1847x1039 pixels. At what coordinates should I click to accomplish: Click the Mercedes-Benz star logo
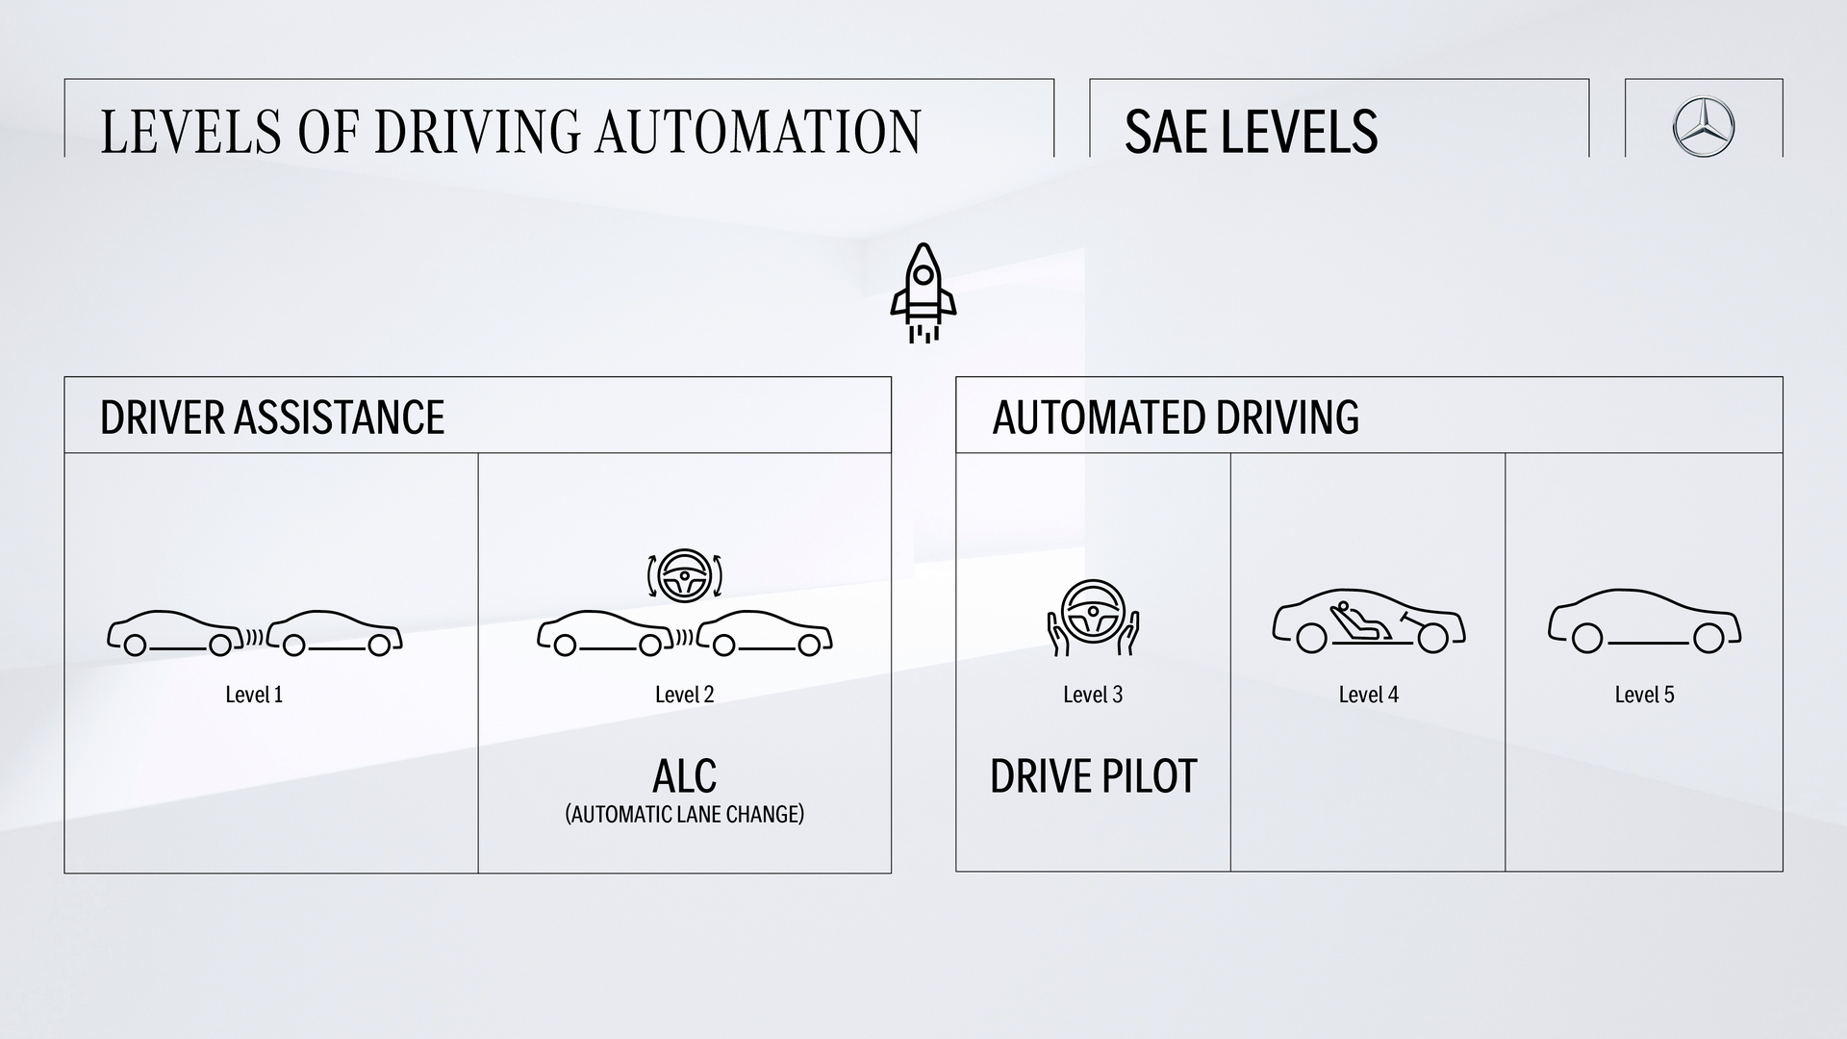(1703, 127)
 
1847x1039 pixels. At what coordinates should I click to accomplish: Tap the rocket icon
(923, 292)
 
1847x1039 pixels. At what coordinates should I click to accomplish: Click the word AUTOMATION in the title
(758, 132)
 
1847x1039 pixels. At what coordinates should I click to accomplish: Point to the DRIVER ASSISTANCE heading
(272, 418)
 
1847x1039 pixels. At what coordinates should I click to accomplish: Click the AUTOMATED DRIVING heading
(1176, 418)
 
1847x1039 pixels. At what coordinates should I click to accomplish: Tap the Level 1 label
(254, 695)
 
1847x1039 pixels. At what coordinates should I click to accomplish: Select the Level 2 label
(684, 695)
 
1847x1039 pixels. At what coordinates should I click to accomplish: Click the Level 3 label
(1093, 695)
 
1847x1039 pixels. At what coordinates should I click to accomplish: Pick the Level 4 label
(1368, 695)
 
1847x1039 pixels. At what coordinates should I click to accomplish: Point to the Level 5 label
(1644, 695)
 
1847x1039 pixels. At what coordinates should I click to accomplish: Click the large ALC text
(684, 775)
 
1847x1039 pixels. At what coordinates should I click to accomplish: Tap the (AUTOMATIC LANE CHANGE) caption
(684, 815)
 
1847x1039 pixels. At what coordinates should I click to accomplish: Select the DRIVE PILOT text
(1093, 776)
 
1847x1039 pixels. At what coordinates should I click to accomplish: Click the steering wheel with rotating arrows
(684, 575)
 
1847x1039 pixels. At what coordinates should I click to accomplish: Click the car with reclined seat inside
(1368, 621)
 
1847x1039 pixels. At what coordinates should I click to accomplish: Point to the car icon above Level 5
(1644, 621)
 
